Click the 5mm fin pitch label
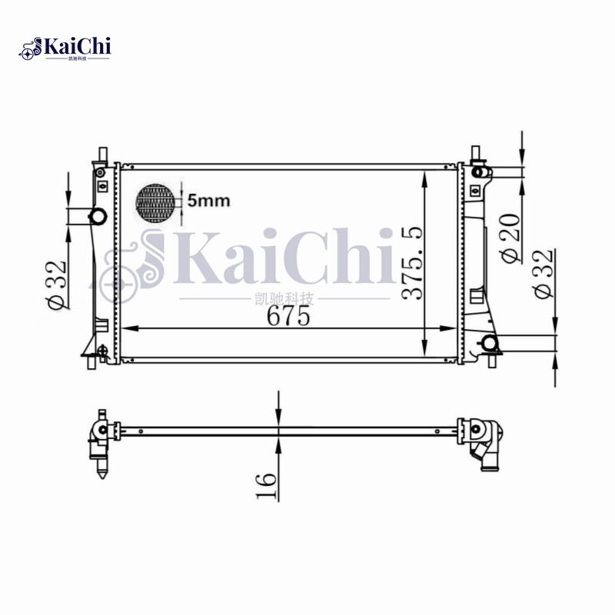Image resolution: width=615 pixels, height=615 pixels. (x=208, y=201)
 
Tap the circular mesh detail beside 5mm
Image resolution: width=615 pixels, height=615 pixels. (x=156, y=204)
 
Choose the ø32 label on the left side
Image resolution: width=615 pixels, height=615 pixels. (x=56, y=284)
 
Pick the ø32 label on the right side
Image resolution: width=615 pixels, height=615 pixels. (x=543, y=273)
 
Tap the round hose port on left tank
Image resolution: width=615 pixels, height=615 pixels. (x=98, y=216)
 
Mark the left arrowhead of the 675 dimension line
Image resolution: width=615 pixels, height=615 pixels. (x=128, y=328)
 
